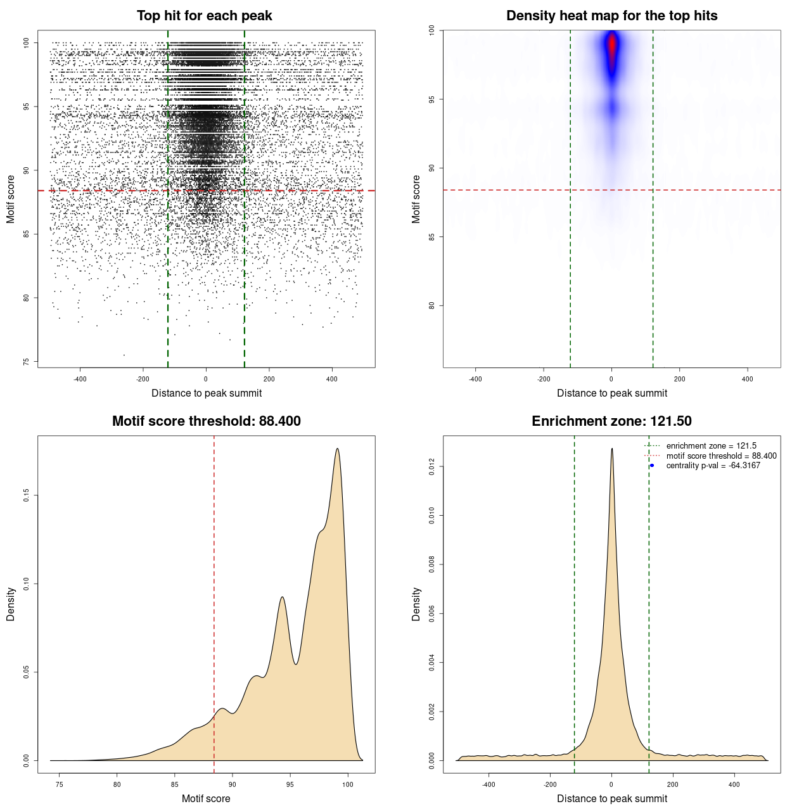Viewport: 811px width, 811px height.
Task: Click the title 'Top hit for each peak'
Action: [x=204, y=16]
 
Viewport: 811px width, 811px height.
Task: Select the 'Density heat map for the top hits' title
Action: [x=611, y=16]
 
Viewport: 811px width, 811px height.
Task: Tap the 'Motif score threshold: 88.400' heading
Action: [x=206, y=421]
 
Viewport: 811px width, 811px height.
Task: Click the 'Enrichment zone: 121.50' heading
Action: [x=611, y=421]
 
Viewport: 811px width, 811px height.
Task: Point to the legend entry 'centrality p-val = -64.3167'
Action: [x=713, y=466]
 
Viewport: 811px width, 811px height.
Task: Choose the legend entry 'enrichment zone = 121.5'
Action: [x=711, y=446]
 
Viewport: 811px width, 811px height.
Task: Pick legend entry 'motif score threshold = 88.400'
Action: [x=721, y=456]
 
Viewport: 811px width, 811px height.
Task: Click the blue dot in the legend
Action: [x=652, y=466]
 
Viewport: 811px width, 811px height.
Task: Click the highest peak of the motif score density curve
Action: [x=338, y=449]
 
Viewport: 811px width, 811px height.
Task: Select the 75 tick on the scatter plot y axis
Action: [x=26, y=362]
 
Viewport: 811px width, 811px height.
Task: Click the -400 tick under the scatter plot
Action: [x=80, y=380]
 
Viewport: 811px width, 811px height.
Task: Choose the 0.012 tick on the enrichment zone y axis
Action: [x=431, y=467]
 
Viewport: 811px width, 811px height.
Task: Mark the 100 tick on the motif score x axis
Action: [x=347, y=785]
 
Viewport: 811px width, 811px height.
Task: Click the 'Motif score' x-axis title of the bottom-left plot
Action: [x=206, y=798]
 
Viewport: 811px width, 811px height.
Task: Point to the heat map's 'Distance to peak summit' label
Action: [x=611, y=393]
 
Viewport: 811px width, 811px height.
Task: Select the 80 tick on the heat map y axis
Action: [x=431, y=305]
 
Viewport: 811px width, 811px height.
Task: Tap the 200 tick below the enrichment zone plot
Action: [x=673, y=784]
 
